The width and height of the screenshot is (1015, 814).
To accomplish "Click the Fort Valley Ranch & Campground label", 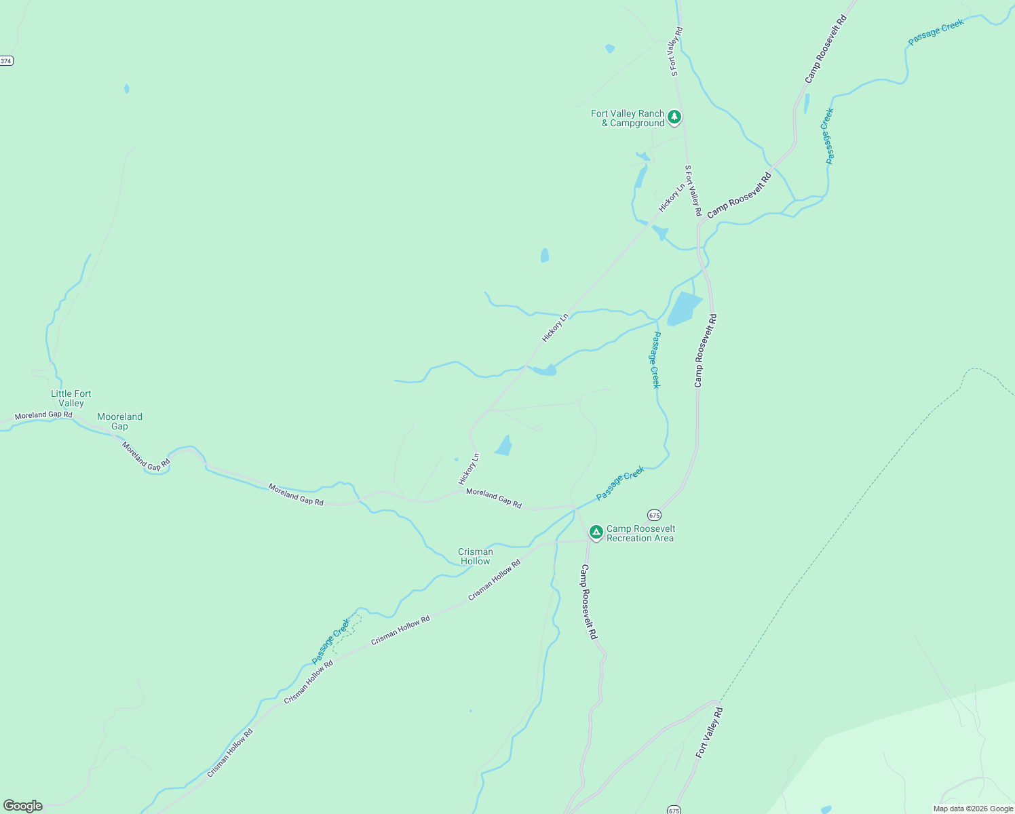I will pyautogui.click(x=628, y=119).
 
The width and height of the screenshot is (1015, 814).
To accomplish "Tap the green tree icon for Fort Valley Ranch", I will pyautogui.click(x=674, y=117).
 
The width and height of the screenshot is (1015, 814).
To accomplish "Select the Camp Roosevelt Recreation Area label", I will pyautogui.click(x=640, y=534).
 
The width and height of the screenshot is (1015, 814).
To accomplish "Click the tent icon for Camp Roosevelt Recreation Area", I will pyautogui.click(x=596, y=532).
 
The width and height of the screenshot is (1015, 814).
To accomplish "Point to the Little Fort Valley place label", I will pyautogui.click(x=71, y=398).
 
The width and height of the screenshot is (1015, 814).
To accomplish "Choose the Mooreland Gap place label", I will pyautogui.click(x=119, y=421).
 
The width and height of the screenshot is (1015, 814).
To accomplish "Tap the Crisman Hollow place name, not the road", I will pyautogui.click(x=475, y=556).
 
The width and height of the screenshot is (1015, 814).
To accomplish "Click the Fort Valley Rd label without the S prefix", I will pyautogui.click(x=710, y=733).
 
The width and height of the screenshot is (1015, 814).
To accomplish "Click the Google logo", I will pyautogui.click(x=23, y=806).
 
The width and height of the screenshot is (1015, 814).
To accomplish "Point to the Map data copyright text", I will pyautogui.click(x=972, y=809).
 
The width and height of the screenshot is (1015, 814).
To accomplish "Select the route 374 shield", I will pyautogui.click(x=6, y=61).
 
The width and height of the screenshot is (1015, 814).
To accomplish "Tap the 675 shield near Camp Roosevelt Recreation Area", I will pyautogui.click(x=654, y=515).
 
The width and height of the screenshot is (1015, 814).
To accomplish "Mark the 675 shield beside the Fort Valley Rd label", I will pyautogui.click(x=673, y=810).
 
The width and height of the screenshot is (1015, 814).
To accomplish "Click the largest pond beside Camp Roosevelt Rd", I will pyautogui.click(x=684, y=309).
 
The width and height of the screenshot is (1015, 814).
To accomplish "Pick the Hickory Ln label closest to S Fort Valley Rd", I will pyautogui.click(x=672, y=197).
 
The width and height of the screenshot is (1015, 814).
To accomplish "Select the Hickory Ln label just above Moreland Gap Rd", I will pyautogui.click(x=469, y=468).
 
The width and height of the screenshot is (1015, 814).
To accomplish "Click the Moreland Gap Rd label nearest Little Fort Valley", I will pyautogui.click(x=43, y=414).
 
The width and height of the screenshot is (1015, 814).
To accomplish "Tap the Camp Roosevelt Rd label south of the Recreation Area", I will pyautogui.click(x=588, y=602).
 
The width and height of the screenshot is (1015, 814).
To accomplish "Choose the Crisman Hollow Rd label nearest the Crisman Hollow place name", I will pyautogui.click(x=494, y=580).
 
